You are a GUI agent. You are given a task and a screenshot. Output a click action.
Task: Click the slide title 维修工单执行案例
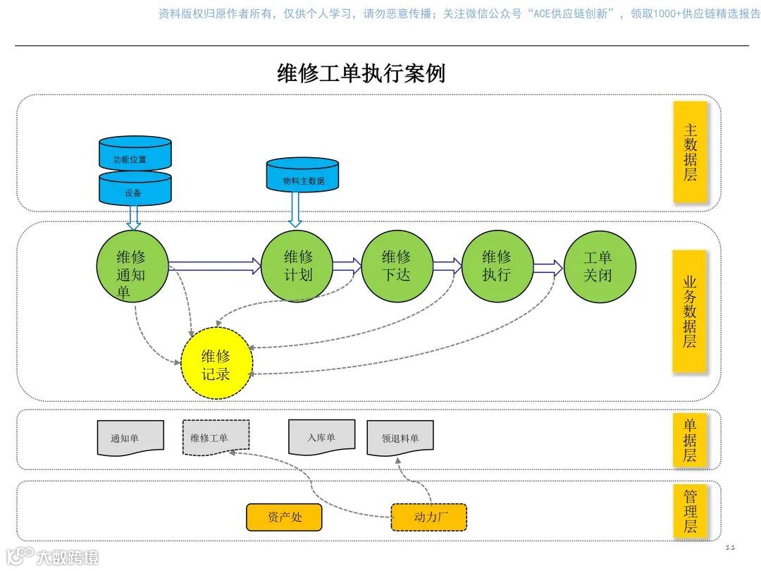click(x=361, y=73)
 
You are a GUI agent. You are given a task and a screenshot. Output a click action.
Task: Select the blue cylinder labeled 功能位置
click(x=135, y=156)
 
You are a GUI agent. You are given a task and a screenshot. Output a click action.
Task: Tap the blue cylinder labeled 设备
click(x=135, y=190)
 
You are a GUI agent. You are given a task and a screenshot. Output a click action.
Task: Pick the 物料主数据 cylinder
click(x=303, y=178)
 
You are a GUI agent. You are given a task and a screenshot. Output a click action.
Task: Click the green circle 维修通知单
click(x=132, y=266)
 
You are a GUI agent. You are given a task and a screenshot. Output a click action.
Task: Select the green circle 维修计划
click(x=297, y=266)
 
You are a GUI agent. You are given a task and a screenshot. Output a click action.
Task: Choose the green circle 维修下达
click(x=397, y=266)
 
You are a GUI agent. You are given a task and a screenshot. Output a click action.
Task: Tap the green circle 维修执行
click(x=497, y=266)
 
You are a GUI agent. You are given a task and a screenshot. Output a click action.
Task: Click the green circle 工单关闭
click(x=600, y=266)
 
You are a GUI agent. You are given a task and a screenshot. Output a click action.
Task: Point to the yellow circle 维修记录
click(x=216, y=363)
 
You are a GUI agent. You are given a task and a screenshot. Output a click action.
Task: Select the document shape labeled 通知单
click(x=130, y=438)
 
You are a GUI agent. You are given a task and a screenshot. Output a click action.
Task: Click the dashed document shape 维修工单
click(x=216, y=438)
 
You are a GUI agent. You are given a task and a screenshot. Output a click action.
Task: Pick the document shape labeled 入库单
click(x=321, y=437)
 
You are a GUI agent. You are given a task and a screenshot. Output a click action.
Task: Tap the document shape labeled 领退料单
click(x=400, y=438)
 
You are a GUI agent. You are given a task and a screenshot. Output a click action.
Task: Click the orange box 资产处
click(x=284, y=517)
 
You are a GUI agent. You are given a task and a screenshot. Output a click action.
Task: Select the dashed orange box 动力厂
click(x=429, y=517)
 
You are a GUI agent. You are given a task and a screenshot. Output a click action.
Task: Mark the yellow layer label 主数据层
click(x=689, y=152)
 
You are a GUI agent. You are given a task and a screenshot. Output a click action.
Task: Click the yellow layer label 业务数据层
click(x=689, y=310)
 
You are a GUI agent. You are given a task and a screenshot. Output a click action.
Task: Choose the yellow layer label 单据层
click(x=689, y=440)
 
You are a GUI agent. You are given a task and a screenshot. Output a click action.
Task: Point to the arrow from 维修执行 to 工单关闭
click(x=548, y=268)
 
